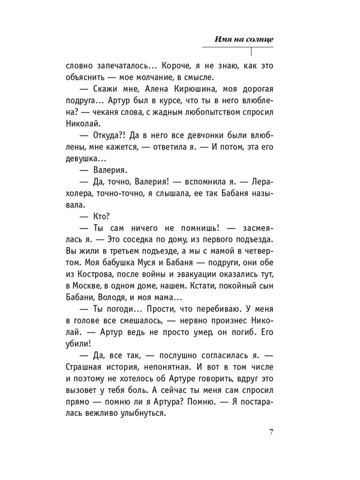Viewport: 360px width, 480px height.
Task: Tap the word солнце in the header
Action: (x=259, y=39)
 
